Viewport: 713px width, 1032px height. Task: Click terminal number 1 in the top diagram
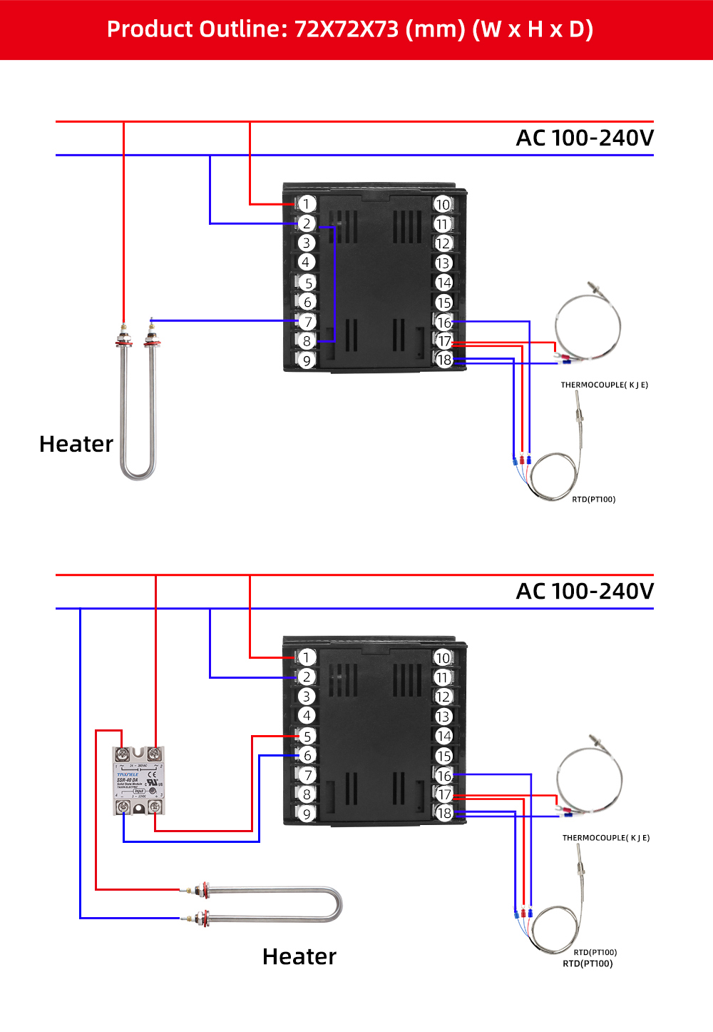[x=307, y=204]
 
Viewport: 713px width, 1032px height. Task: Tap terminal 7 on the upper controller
[x=307, y=322]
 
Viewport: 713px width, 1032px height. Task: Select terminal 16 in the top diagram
[x=443, y=323]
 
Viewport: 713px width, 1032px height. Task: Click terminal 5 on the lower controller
[x=307, y=737]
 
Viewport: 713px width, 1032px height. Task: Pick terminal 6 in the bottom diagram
[x=307, y=756]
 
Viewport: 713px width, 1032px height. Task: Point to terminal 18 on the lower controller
[x=443, y=814]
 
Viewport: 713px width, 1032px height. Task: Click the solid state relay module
[x=138, y=781]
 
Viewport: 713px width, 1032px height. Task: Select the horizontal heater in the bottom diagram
[x=264, y=904]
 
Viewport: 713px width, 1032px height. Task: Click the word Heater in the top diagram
[x=76, y=444]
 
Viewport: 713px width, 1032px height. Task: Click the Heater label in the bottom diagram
[x=299, y=956]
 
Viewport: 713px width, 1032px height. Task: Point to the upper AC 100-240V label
[x=584, y=138]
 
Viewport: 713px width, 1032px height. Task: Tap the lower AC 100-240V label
[x=584, y=591]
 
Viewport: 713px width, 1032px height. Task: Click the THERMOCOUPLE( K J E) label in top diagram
[x=604, y=385]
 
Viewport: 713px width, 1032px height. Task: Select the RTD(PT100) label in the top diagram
[x=593, y=500]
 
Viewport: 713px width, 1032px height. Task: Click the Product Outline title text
[x=349, y=29]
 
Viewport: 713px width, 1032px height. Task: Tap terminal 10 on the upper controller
[x=443, y=205]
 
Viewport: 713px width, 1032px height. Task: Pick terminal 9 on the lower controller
[x=307, y=814]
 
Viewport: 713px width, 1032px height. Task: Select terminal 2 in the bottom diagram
[x=307, y=677]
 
